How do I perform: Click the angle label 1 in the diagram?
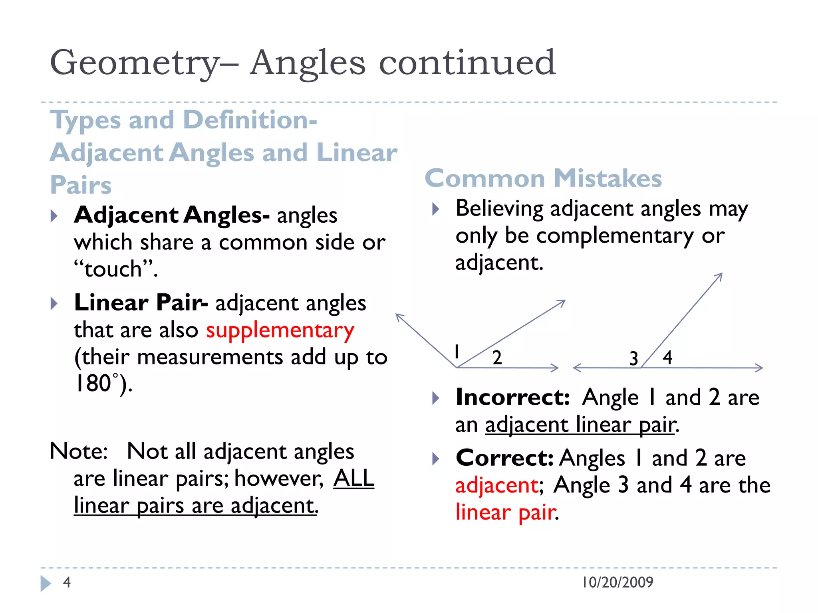coord(457,352)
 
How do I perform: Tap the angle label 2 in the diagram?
coord(497,358)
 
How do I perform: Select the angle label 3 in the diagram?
coord(633,358)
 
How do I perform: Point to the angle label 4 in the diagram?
coord(667,357)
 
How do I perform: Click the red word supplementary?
coord(280,331)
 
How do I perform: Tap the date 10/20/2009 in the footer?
coord(617,582)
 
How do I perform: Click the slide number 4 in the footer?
coord(67,582)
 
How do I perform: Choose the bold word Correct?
coord(504,458)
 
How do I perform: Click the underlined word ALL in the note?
coord(354,478)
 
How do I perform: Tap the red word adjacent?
coord(497,486)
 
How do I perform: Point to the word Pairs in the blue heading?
coord(81,185)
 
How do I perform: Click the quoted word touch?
coord(113,269)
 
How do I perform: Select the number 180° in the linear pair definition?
coord(97,384)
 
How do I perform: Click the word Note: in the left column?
coord(79,451)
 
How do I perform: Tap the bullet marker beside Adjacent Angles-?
coord(54,216)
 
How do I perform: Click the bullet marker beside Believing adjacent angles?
coord(436,209)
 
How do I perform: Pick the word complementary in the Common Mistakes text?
coord(615,236)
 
